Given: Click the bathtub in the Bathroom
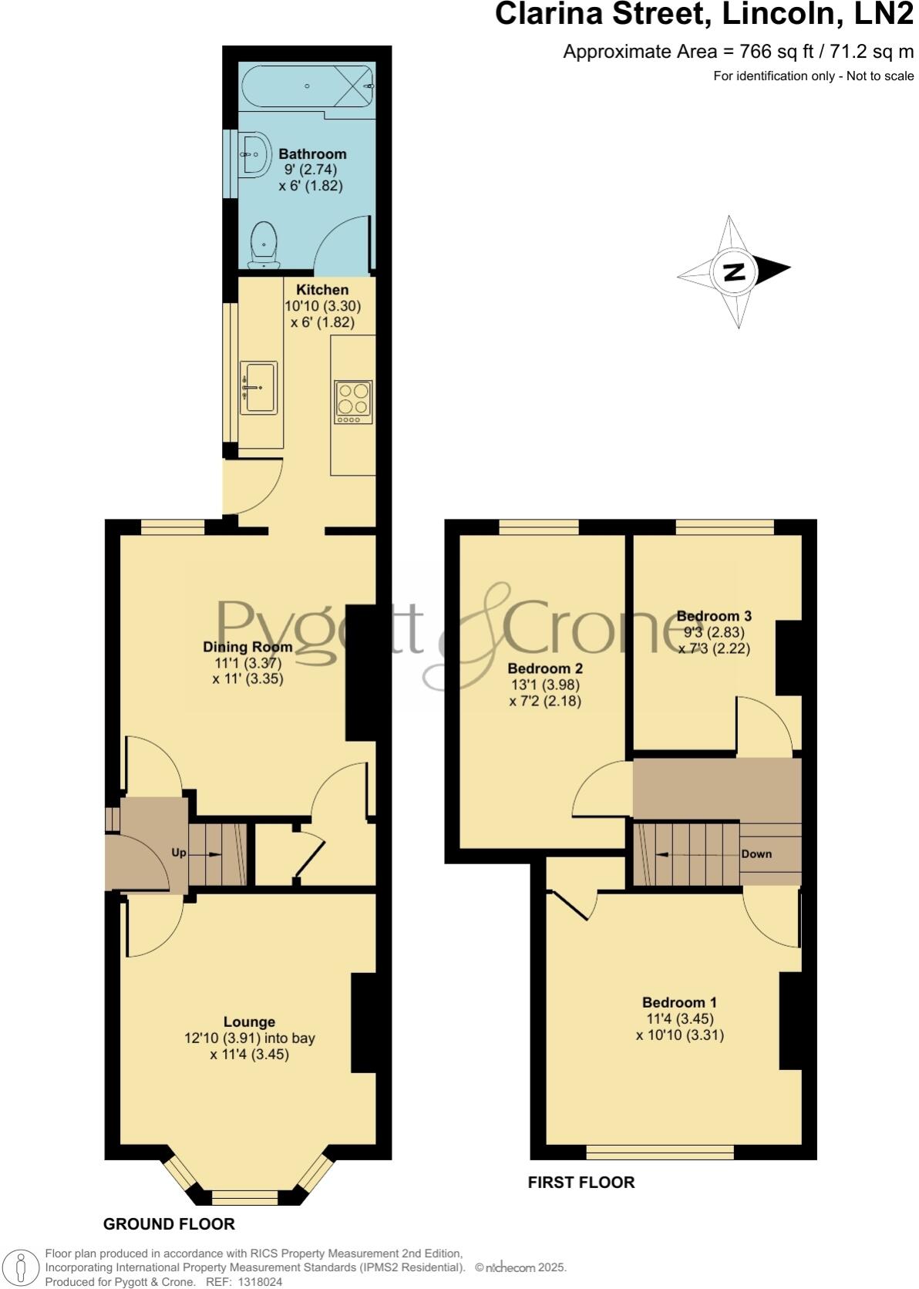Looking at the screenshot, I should (x=308, y=86).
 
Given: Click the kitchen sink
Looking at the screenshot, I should (x=258, y=387).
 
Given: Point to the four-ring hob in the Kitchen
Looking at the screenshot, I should (x=353, y=401).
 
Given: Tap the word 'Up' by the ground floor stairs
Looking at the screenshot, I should (x=179, y=853).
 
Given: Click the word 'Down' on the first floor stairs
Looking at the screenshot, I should (x=756, y=854).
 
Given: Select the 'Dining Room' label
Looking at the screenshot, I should (x=247, y=647).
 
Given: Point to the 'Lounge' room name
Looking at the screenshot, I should (x=249, y=1022).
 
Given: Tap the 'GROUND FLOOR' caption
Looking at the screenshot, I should (x=169, y=1223).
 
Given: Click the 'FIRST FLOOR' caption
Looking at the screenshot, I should (x=581, y=1182).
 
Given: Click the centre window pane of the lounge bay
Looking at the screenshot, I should (x=244, y=1197).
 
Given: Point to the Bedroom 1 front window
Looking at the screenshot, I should (x=660, y=1153).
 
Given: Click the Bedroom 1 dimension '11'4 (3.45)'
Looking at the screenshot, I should (x=679, y=1018).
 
